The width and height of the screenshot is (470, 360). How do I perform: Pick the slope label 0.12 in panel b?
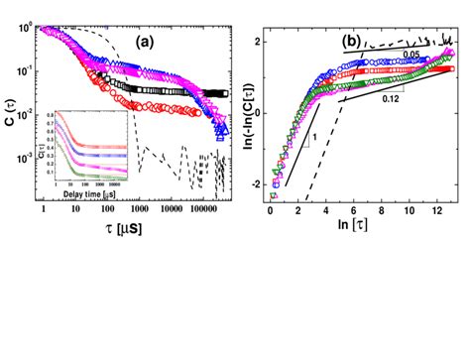(x=394, y=99)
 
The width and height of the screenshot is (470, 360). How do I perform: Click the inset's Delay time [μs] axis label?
(x=95, y=192)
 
